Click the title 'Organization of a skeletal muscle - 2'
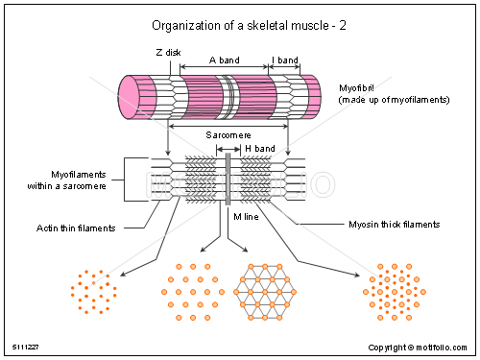coord(238,26)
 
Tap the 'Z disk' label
coord(167,54)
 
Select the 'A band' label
coord(224,60)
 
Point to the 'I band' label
coord(286,60)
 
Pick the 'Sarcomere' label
coord(228,135)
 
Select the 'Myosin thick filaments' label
coord(393,224)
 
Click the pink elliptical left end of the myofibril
coord(130,98)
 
